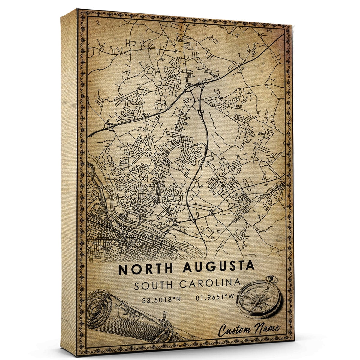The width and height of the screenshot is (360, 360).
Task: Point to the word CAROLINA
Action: (210, 283)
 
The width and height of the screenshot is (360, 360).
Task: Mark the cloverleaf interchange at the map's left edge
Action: (110, 127)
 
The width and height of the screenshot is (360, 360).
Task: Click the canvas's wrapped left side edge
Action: (69, 180)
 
